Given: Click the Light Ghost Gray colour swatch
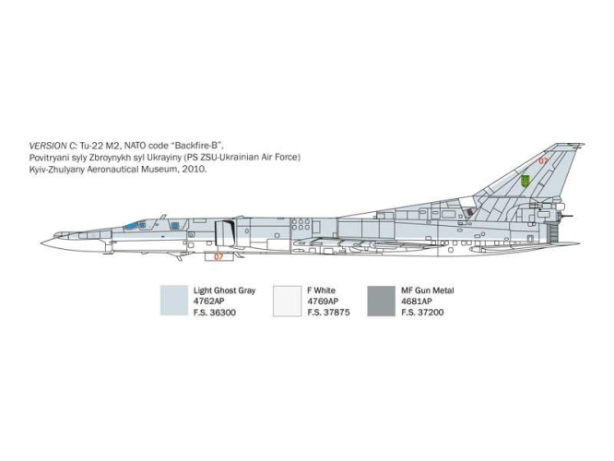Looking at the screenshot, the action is (x=174, y=301).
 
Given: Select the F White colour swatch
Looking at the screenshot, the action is (x=287, y=301).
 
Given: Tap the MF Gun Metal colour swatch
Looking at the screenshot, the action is (x=382, y=301).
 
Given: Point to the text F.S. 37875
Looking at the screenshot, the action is (x=328, y=313).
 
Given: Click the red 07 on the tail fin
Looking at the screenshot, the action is (x=543, y=160).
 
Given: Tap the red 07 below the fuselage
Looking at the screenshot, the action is (x=218, y=257).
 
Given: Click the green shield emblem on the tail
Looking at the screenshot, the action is (x=525, y=181).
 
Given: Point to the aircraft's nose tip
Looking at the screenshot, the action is (x=41, y=242).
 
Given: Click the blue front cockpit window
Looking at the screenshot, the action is (x=132, y=226).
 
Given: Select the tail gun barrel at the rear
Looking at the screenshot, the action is (x=567, y=216).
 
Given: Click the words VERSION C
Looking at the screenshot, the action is (x=53, y=146).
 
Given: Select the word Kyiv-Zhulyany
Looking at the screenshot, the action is (x=56, y=170).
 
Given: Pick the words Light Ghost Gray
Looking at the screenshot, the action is (x=224, y=290).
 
